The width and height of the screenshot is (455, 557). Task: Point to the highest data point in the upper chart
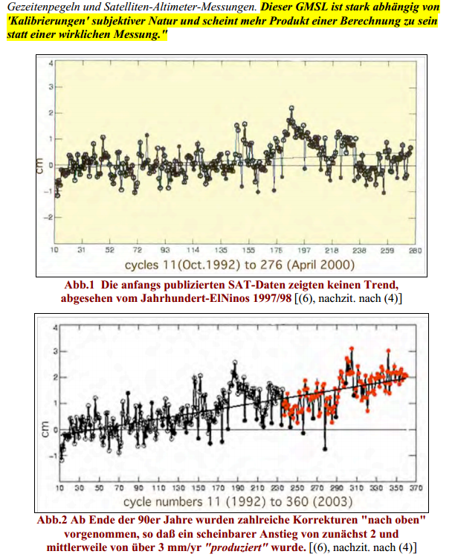click(292, 109)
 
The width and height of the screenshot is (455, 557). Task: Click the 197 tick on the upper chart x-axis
click(304, 251)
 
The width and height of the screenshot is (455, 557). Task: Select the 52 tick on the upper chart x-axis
click(109, 251)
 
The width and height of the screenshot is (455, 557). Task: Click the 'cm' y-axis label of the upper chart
click(43, 169)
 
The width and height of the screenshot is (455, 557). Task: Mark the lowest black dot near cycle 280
click(325, 448)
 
